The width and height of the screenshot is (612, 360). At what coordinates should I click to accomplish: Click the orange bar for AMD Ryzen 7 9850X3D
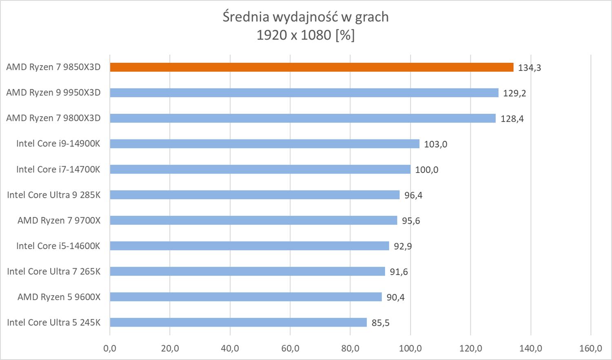(311, 67)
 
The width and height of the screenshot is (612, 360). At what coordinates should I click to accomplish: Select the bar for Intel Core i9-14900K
(264, 144)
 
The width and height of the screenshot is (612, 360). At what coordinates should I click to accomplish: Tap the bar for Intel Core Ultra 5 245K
(238, 322)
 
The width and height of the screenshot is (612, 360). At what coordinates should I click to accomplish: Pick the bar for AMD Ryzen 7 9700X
(253, 221)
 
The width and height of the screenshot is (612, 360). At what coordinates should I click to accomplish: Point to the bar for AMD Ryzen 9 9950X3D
(304, 93)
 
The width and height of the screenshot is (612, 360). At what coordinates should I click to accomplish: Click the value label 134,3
(529, 68)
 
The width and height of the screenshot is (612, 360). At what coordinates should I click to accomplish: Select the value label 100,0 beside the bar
(426, 170)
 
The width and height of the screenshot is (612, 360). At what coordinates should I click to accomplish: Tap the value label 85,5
(380, 323)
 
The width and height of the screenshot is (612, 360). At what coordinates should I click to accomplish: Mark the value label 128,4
(512, 119)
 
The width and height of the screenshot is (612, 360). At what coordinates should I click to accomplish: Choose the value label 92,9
(402, 246)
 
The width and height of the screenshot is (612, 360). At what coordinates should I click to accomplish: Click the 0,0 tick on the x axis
(110, 349)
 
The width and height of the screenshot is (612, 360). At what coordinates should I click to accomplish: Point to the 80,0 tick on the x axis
(350, 349)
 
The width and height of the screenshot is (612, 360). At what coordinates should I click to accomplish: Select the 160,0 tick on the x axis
(590, 349)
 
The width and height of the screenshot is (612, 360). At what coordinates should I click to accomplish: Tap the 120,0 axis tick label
(470, 349)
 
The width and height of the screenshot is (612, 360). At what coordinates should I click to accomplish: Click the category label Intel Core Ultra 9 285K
(53, 195)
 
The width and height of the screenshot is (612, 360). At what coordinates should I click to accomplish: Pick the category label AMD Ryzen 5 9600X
(59, 297)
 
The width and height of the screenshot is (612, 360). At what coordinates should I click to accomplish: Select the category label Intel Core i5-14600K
(58, 246)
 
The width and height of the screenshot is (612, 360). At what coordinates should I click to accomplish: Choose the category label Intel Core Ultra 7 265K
(53, 272)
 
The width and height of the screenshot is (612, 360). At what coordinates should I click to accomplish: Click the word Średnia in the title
(246, 17)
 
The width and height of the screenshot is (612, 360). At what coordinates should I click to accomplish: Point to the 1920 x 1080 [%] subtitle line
(306, 35)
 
